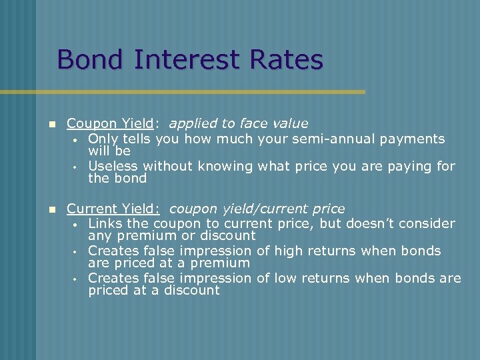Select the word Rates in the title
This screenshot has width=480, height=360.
click(286, 59)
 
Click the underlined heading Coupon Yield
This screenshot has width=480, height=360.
click(111, 123)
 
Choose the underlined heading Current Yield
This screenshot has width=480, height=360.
click(113, 209)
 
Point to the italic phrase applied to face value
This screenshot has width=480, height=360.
click(238, 123)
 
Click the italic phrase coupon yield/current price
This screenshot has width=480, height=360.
click(257, 209)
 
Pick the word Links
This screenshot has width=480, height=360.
click(104, 223)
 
